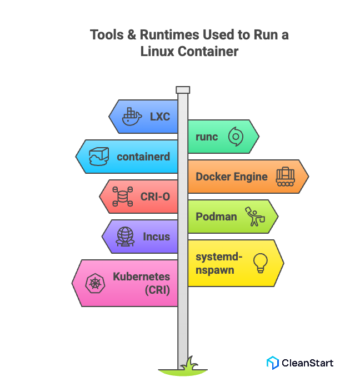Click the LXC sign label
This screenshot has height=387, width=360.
pos(159,117)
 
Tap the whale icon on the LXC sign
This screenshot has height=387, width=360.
pos(132,117)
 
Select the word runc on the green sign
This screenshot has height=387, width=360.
pos(207,137)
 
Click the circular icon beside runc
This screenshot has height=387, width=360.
pos(236,137)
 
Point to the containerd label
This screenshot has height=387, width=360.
pos(143,157)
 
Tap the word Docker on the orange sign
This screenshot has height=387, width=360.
pos(213,177)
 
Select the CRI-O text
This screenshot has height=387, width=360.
pos(156,197)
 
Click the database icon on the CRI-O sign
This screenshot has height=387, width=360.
pos(122,197)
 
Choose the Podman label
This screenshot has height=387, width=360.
pos(216,217)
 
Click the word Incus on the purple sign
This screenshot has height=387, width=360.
pos(157,237)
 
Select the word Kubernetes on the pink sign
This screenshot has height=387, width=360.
pos(142,277)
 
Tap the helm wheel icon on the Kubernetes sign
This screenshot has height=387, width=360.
pos(94,284)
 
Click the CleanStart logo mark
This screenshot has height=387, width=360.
pos(272,363)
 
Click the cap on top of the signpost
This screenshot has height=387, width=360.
pos(183,89)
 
